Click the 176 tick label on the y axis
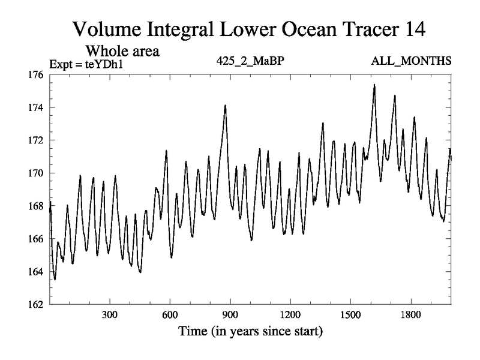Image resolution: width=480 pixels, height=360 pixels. click(36, 75)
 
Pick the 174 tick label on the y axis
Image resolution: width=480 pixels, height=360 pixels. click(36, 108)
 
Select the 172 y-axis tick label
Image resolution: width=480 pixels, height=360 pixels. click(36, 140)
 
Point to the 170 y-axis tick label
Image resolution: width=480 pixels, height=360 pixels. click(36, 173)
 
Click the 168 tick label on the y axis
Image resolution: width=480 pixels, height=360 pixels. click(36, 206)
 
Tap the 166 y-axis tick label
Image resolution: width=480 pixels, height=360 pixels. click(36, 239)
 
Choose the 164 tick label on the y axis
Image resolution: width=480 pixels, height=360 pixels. click(36, 272)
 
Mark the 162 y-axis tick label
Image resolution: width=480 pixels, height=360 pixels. click(36, 304)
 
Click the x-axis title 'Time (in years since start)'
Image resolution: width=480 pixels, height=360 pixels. click(250, 331)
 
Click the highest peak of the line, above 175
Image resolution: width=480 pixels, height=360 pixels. click(374, 85)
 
